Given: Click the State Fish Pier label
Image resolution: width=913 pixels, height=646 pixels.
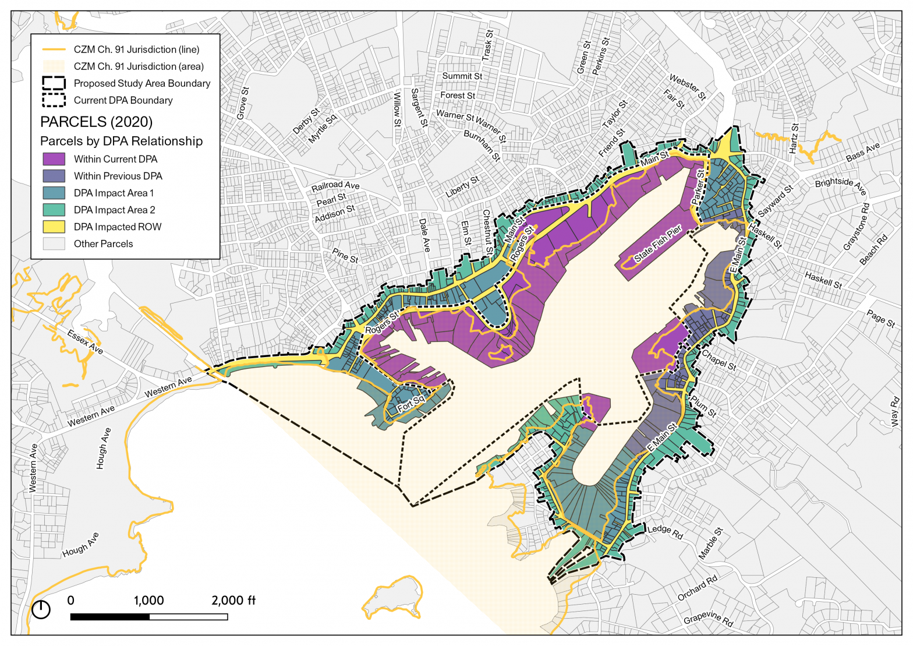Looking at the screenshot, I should (x=657, y=243).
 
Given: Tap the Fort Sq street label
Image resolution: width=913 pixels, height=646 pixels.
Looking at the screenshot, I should (x=412, y=403).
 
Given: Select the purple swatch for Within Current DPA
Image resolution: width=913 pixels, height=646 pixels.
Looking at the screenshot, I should (x=54, y=159).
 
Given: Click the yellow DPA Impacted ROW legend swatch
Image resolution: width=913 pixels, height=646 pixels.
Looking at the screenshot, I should (x=54, y=227).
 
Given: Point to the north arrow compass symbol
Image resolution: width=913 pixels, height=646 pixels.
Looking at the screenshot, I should (x=41, y=609).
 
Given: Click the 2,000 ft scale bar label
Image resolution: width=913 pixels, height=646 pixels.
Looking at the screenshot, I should (x=233, y=601).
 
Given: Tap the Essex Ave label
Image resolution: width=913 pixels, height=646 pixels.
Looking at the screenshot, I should (x=85, y=342).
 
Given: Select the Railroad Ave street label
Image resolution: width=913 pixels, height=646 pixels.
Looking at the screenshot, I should (x=335, y=186).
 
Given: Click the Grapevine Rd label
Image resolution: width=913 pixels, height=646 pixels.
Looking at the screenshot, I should (x=708, y=618).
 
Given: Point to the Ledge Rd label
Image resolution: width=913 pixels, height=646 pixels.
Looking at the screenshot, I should (x=665, y=531).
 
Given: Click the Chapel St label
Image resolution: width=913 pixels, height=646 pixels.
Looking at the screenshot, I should (x=719, y=360).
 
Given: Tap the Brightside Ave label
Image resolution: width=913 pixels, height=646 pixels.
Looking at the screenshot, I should (x=841, y=186).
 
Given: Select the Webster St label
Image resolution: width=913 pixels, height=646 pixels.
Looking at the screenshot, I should (x=687, y=86).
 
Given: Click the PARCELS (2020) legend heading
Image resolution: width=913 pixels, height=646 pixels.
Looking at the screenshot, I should (x=96, y=122).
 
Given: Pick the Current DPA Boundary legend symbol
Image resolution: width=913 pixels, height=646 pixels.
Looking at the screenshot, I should (x=54, y=100).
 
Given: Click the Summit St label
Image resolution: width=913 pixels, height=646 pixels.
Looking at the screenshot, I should (x=462, y=76).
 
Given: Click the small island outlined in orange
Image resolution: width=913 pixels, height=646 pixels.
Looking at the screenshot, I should (x=392, y=596).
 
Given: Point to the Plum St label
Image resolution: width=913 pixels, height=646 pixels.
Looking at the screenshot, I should (x=703, y=406).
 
